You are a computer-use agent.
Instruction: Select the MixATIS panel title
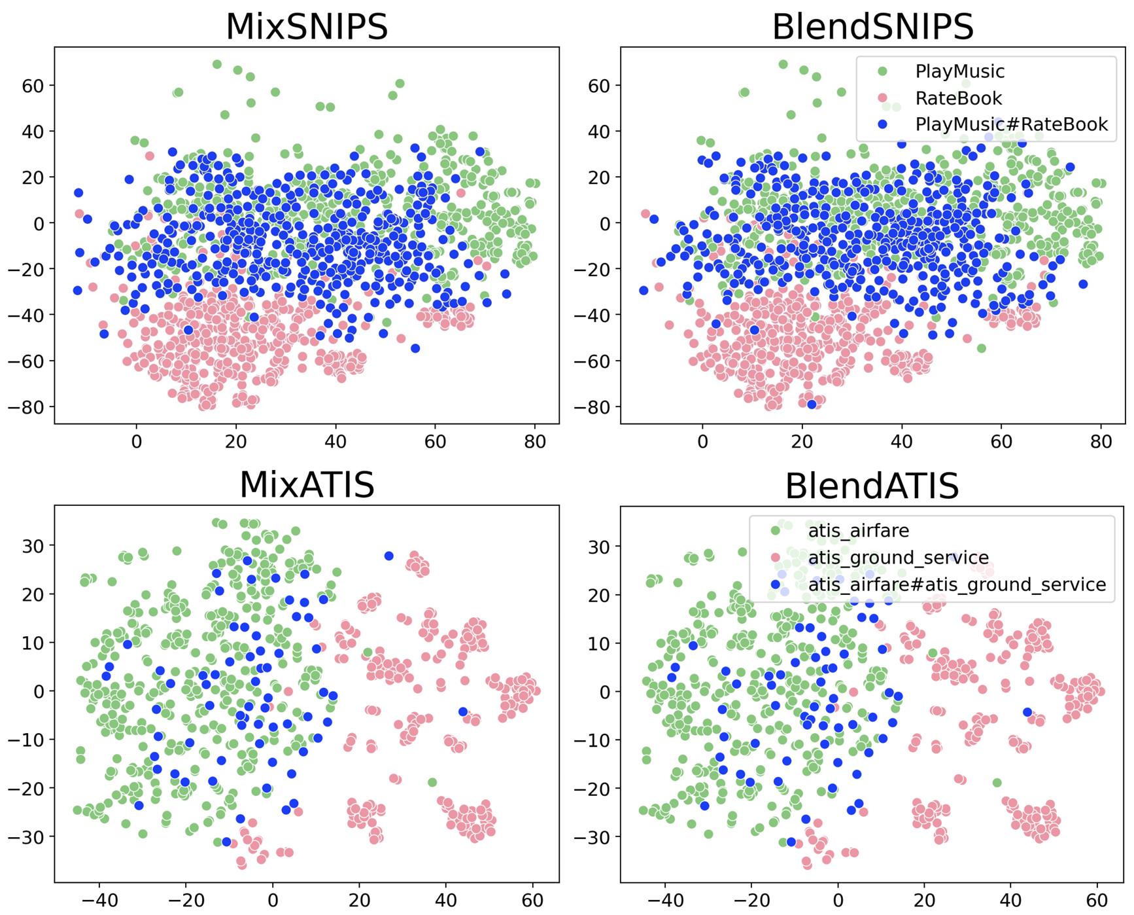[x=306, y=485]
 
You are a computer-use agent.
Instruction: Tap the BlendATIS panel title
[x=872, y=486]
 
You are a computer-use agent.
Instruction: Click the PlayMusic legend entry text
[x=959, y=71]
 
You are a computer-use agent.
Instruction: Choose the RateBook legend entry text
[x=958, y=98]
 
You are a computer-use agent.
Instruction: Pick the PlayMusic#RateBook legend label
[x=1011, y=124]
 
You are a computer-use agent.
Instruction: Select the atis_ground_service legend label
[x=898, y=558]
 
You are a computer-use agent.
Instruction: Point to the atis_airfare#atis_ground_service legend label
[x=957, y=584]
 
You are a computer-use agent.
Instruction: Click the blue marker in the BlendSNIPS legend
[x=883, y=124]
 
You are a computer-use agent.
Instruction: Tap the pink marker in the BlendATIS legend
[x=776, y=558]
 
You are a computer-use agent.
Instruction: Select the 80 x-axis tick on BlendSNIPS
[x=1101, y=442]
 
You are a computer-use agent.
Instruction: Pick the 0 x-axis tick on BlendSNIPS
[x=702, y=442]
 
